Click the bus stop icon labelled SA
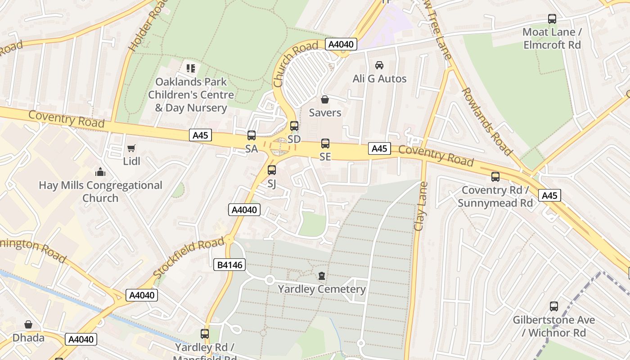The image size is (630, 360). click(x=252, y=135)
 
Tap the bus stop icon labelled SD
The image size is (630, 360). click(x=294, y=126)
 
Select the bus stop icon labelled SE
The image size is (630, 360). click(x=325, y=144)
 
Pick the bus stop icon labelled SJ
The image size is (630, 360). click(x=272, y=170)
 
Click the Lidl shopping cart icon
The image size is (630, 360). click(x=131, y=148)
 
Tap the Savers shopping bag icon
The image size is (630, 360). click(x=325, y=99)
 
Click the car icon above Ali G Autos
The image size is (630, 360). click(x=379, y=65)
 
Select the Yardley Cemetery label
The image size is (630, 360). click(x=322, y=289)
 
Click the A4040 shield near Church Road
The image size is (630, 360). click(x=341, y=44)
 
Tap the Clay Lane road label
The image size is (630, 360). click(x=421, y=206)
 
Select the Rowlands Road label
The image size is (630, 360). click(x=486, y=121)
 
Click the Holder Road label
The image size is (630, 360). click(x=142, y=28)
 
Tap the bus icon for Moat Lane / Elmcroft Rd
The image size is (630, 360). click(x=552, y=19)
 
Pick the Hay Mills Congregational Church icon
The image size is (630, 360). click(x=100, y=172)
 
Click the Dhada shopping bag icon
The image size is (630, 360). click(x=28, y=324)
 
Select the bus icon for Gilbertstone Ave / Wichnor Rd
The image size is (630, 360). click(x=554, y=306)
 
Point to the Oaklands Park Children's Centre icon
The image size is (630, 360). click(x=191, y=68)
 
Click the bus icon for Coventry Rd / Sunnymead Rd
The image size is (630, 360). click(x=495, y=177)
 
